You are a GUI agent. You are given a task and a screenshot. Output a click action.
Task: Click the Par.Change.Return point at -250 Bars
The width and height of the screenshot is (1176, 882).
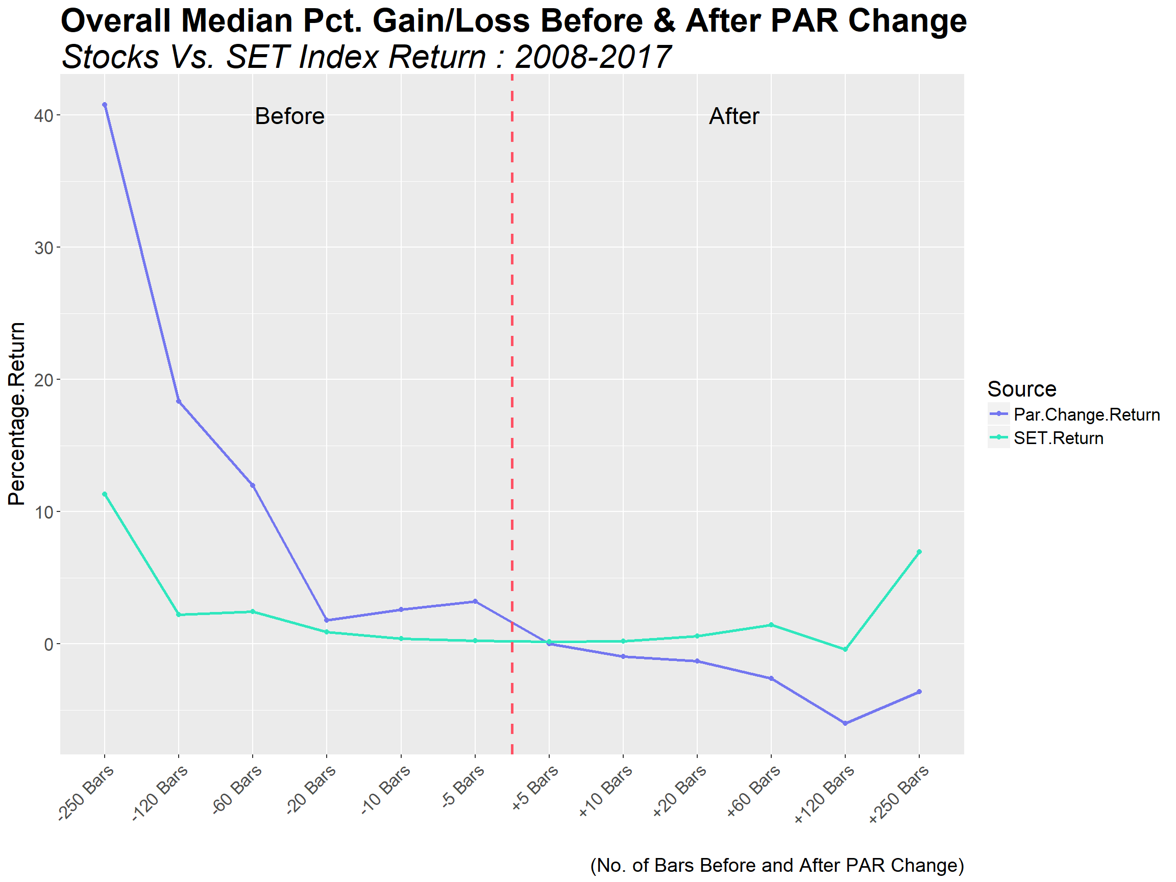tap(105, 105)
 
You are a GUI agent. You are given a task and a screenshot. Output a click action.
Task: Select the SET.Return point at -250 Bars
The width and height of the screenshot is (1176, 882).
tap(105, 494)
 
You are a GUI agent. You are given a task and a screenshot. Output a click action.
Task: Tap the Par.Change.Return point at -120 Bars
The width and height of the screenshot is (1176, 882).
tap(179, 401)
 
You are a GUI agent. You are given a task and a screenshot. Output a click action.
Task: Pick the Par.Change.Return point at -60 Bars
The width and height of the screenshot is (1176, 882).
tap(253, 485)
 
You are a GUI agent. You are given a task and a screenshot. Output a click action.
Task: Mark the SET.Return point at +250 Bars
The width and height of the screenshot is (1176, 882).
tap(919, 552)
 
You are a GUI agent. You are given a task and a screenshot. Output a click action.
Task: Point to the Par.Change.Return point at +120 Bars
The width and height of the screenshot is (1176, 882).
tap(845, 723)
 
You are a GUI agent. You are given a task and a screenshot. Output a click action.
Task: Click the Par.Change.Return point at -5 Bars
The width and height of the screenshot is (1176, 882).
tap(475, 601)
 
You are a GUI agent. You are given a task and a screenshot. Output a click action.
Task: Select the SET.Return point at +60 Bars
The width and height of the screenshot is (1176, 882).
tap(771, 625)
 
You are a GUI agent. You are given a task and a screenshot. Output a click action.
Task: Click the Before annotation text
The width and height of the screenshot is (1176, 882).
tap(290, 116)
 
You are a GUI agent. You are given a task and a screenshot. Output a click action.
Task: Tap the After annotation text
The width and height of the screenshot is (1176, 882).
tap(733, 116)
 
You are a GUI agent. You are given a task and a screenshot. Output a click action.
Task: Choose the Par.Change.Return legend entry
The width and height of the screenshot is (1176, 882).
tap(1086, 414)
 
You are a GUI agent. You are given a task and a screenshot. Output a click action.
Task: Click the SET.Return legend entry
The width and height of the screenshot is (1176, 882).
tap(1058, 437)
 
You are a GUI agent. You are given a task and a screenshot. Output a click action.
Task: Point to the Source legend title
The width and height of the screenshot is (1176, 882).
tap(1021, 388)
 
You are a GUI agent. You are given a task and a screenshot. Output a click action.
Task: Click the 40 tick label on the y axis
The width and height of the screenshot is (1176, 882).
tap(44, 115)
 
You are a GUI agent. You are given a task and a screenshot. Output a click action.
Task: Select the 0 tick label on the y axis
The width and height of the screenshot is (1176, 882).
tap(49, 644)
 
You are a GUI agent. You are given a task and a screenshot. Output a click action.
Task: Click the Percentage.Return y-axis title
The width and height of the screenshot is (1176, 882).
tap(17, 413)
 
